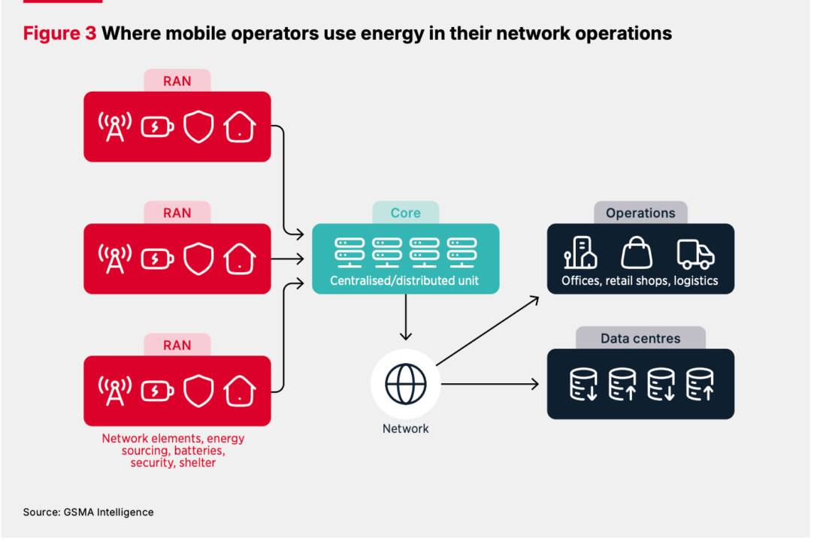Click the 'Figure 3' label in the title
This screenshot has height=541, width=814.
pos(59,33)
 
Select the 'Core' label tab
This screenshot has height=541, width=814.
pos(406,213)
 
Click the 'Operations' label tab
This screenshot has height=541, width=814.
pos(640,213)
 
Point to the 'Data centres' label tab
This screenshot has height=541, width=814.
pos(640,338)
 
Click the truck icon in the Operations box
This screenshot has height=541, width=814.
pos(695,255)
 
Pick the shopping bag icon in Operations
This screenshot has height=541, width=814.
pos(637,253)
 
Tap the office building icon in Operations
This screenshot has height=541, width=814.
pos(580,253)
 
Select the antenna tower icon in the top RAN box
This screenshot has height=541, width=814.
pos(115,127)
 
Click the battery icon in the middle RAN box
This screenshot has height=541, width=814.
pos(157,259)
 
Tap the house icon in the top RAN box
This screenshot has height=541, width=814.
pos(240,127)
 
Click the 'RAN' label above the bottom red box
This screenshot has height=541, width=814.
pos(177,345)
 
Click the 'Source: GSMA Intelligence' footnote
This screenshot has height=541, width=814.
pos(88,512)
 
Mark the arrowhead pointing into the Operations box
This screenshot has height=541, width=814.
pos(535,299)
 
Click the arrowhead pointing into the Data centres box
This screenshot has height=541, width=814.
pos(535,384)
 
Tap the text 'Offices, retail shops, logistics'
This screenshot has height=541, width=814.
pos(640,281)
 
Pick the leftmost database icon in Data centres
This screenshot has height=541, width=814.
pos(583,383)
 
